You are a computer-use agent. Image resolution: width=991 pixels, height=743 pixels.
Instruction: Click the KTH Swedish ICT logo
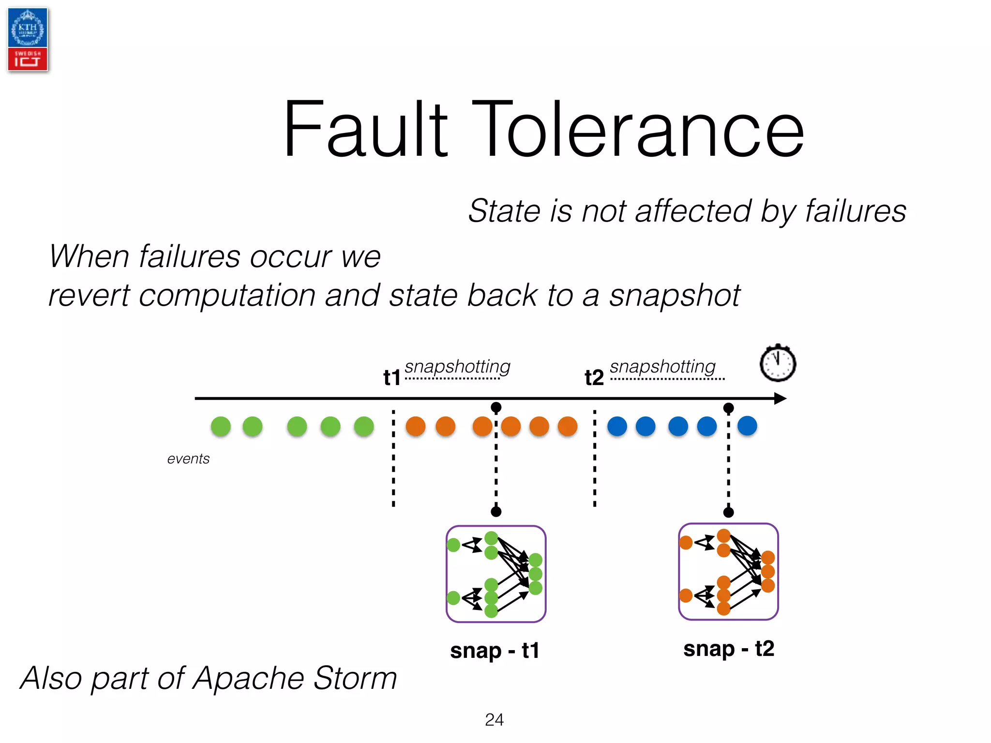28,40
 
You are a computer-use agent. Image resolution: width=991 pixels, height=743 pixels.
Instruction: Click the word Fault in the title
365,129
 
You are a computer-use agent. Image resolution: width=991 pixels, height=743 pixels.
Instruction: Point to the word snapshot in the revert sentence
674,296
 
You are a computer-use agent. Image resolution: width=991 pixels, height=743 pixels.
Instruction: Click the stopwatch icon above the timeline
777,364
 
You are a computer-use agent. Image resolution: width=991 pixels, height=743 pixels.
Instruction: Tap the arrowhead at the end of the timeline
780,399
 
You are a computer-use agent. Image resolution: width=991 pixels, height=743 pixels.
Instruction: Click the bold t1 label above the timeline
392,377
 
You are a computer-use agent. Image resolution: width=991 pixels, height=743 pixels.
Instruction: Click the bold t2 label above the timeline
594,377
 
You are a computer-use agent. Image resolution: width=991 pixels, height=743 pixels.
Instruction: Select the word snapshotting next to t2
662,367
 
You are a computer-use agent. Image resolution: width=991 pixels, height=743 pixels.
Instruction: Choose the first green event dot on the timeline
221,426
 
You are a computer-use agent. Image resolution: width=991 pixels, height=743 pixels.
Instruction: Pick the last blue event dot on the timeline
747,426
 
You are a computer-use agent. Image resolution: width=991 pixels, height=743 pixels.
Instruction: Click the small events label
188,459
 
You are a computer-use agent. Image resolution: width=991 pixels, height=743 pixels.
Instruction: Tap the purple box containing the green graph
495,574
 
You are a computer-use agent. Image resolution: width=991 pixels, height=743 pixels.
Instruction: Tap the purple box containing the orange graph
728,571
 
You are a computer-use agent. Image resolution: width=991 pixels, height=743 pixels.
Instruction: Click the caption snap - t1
495,651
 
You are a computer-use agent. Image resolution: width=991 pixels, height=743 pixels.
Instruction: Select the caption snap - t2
728,649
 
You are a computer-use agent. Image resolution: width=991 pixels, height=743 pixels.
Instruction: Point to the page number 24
494,720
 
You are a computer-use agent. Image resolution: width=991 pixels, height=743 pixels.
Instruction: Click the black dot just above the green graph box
496,512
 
